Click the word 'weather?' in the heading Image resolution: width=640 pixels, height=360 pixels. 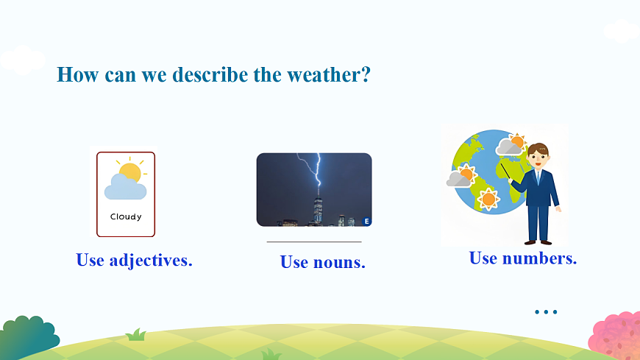pyautogui.click(x=329, y=75)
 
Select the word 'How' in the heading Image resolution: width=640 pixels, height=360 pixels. pyautogui.click(x=77, y=75)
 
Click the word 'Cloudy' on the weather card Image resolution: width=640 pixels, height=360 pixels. pyautogui.click(x=126, y=216)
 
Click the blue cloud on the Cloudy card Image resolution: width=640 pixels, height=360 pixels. pyautogui.click(x=125, y=187)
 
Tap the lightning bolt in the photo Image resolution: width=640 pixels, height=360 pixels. pyautogui.click(x=311, y=169)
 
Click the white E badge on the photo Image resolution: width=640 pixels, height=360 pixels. pyautogui.click(x=366, y=222)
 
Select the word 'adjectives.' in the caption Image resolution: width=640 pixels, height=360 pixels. pyautogui.click(x=151, y=261)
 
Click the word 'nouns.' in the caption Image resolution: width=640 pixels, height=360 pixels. pyautogui.click(x=339, y=262)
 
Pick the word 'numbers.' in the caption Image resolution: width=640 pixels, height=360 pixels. pyautogui.click(x=539, y=258)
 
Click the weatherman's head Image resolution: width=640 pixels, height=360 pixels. pyautogui.click(x=538, y=155)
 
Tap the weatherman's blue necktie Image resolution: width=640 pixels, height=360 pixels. pyautogui.click(x=538, y=177)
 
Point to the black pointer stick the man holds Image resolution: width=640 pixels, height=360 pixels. pyautogui.click(x=505, y=172)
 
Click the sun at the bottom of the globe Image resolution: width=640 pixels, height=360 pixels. pyautogui.click(x=488, y=200)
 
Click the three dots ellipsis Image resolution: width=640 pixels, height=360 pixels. pyautogui.click(x=546, y=312)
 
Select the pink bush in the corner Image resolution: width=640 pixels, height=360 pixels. pyautogui.click(x=616, y=335)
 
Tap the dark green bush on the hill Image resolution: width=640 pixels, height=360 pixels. pyautogui.click(x=29, y=337)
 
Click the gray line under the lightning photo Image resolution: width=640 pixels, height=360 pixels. pyautogui.click(x=314, y=242)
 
